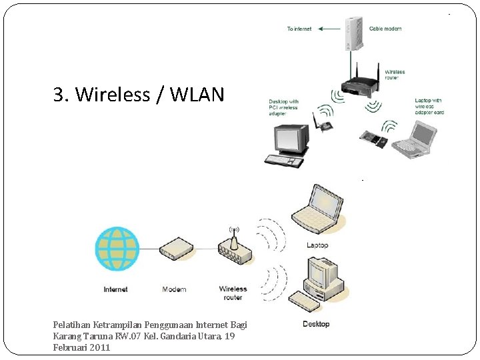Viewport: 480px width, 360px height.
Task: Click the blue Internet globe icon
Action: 117,248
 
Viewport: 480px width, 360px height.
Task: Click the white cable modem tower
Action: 352,33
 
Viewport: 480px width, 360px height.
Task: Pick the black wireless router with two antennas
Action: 359,83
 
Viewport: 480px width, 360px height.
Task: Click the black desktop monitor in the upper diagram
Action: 291,139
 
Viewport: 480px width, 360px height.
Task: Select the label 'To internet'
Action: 299,29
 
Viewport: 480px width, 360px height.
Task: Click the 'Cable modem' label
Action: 385,29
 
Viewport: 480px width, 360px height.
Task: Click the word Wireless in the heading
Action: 113,95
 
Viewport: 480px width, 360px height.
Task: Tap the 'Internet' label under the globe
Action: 115,289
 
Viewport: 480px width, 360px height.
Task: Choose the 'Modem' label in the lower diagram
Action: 175,289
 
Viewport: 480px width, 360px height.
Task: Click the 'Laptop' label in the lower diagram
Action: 317,245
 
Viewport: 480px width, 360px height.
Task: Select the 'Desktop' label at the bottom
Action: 316,324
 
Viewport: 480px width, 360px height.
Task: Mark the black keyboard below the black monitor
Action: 284,160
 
